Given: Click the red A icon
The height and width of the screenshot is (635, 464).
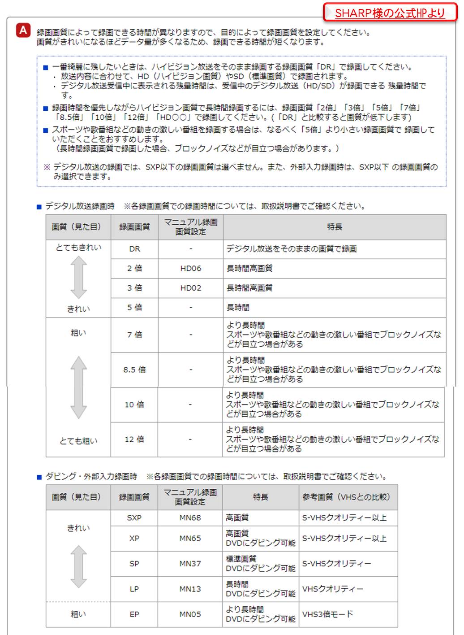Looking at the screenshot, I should pos(23,30).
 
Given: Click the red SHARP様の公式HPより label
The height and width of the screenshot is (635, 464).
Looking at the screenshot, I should pos(390,13).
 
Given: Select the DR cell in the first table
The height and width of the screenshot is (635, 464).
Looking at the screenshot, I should pos(134,249).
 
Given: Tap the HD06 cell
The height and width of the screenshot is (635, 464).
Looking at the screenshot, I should pos(191,268).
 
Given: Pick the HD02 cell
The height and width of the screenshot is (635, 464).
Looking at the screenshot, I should pos(191,288).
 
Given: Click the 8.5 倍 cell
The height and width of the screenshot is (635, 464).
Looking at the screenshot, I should pos(134,370).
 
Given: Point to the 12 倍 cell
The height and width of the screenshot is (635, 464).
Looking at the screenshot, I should pos(134,439).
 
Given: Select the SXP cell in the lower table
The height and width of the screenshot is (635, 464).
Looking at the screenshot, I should pos(134,518).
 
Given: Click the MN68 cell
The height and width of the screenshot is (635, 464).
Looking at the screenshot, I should pos(190,518).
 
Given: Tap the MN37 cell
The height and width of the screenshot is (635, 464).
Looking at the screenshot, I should pos(190,564).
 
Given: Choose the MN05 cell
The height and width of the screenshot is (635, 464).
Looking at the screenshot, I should pos(190,614).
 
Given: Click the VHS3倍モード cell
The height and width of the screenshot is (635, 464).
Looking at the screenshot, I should pos(327,614).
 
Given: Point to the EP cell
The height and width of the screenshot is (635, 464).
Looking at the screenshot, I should pos(134,614).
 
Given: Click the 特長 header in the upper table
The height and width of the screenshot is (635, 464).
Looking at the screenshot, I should pos(335,227).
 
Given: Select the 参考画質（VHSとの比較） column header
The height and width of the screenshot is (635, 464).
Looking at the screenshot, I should pos(346,497).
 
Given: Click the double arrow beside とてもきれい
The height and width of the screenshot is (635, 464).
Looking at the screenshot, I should pos(79,278).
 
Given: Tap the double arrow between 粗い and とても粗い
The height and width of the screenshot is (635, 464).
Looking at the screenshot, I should pos(79,387).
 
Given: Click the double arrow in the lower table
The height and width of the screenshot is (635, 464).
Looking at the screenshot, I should pos(79,566).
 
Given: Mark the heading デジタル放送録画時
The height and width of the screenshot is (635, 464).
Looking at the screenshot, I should pos(80,206).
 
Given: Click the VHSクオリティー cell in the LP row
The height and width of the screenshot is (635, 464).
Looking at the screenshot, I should pos(333,589).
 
